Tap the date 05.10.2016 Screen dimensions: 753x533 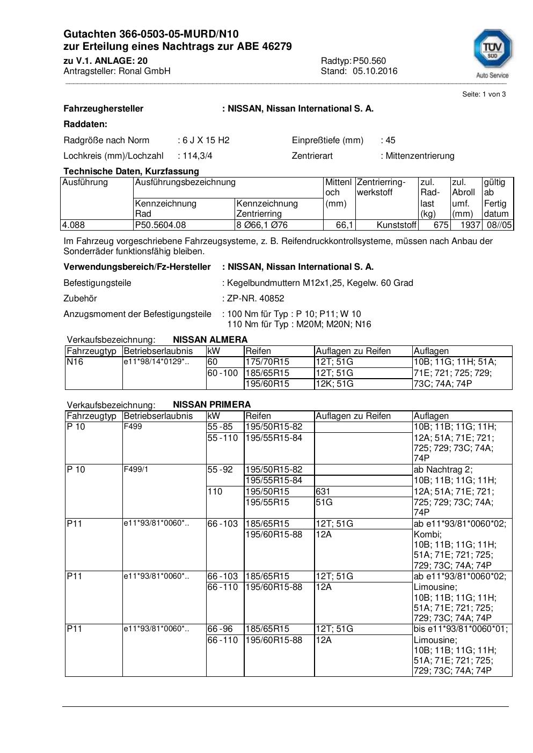pos(375,71)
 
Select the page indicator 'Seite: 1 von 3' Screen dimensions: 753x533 pos(484,94)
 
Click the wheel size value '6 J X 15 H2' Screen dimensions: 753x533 pos(206,140)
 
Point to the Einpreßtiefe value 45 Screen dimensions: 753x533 pos(390,140)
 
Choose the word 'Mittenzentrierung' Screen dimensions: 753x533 pos(420,156)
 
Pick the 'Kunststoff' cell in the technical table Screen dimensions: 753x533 pos(396,225)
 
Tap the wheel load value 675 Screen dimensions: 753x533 pos(441,225)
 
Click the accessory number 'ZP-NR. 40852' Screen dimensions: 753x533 pos(255,298)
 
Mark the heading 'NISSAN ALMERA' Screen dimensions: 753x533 pos(210,339)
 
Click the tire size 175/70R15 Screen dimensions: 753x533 pos(267,362)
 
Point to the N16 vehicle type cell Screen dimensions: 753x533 pos(75,362)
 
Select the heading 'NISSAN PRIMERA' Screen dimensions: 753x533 pos(211,404)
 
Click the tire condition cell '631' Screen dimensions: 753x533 pos(323,491)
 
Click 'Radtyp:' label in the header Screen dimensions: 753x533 pos(336,61)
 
